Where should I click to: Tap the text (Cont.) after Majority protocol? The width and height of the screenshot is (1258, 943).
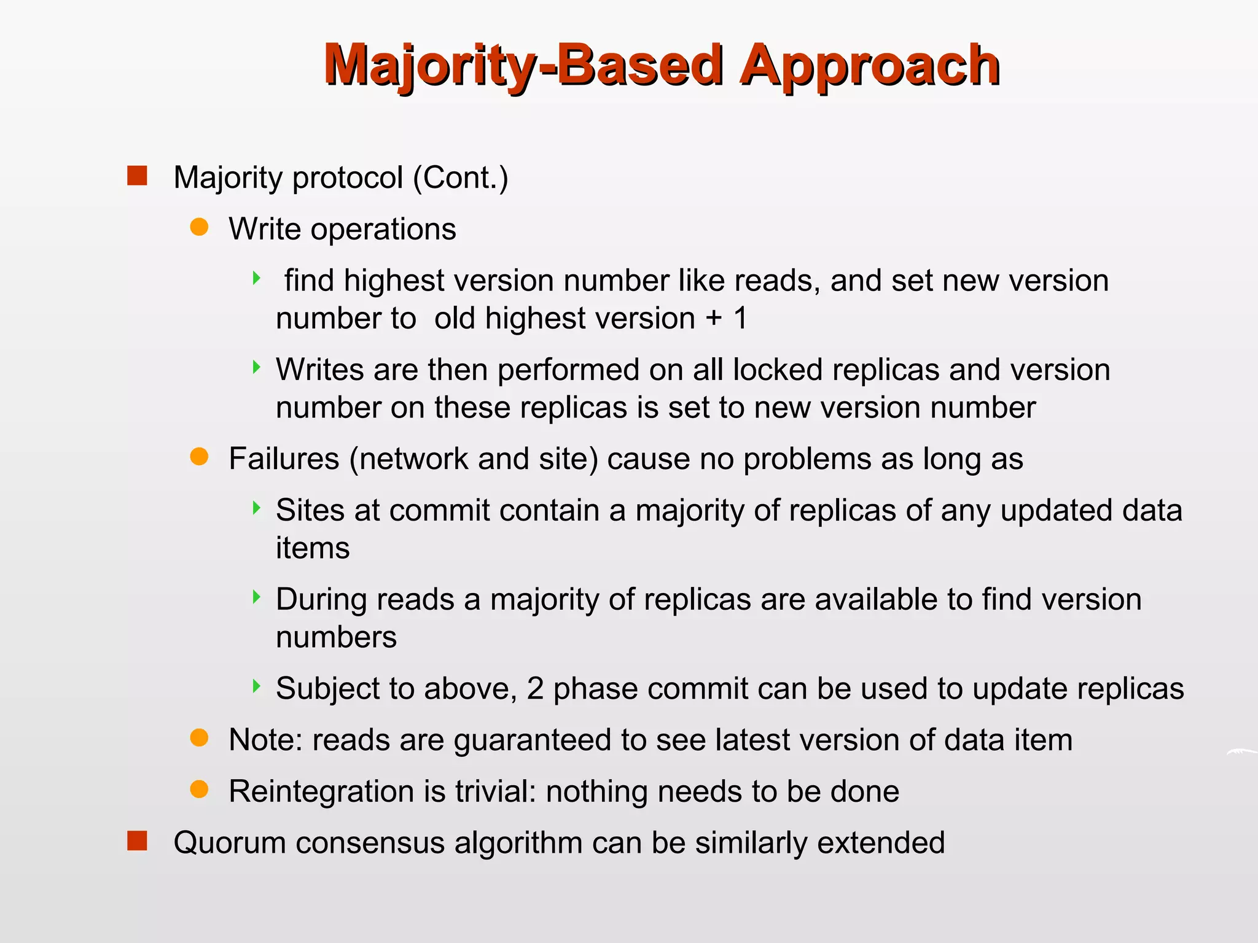pyautogui.click(x=460, y=178)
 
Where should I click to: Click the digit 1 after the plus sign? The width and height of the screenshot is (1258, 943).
pyautogui.click(x=740, y=319)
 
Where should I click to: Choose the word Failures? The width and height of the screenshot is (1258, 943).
pyautogui.click(x=284, y=459)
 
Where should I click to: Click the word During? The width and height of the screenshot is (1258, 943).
pyautogui.click(x=321, y=600)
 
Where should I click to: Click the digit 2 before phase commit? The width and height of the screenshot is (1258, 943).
pyautogui.click(x=535, y=689)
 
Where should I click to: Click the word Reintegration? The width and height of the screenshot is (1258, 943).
pyautogui.click(x=321, y=791)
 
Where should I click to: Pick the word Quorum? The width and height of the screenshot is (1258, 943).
pyautogui.click(x=230, y=843)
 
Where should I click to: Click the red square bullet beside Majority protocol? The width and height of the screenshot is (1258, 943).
pyautogui.click(x=137, y=176)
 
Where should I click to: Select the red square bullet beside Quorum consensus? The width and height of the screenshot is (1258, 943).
pyautogui.click(x=137, y=841)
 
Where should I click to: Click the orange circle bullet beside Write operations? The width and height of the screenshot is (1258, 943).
pyautogui.click(x=199, y=228)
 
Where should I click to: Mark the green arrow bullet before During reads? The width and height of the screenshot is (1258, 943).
pyautogui.click(x=257, y=597)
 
